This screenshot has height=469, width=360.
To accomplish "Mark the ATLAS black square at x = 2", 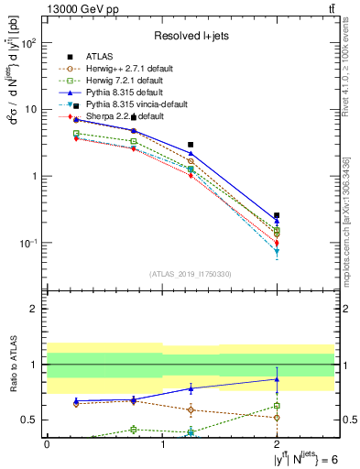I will pyautogui.click(x=277, y=215).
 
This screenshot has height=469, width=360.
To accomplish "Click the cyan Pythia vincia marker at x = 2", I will pyautogui.click(x=277, y=251).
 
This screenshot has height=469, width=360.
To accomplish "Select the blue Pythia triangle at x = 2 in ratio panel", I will pyautogui.click(x=277, y=378).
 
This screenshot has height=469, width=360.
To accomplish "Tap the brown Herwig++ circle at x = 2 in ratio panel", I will pyautogui.click(x=277, y=417).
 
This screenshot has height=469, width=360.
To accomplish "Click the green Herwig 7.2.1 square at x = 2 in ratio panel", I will pyautogui.click(x=277, y=405).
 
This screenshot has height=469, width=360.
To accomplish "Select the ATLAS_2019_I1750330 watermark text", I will pyautogui.click(x=191, y=273).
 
